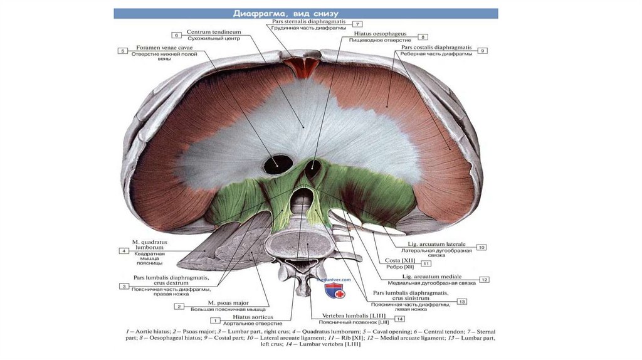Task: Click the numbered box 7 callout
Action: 349,24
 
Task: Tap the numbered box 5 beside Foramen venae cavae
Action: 123,50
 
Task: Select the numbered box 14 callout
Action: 399,319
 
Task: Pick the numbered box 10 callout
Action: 481,248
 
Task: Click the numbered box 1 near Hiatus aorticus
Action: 214,320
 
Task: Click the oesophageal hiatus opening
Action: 312,168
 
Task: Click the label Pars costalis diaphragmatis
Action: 436,46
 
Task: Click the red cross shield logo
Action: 334,290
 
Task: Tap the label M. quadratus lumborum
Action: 149,245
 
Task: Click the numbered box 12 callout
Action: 483,279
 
